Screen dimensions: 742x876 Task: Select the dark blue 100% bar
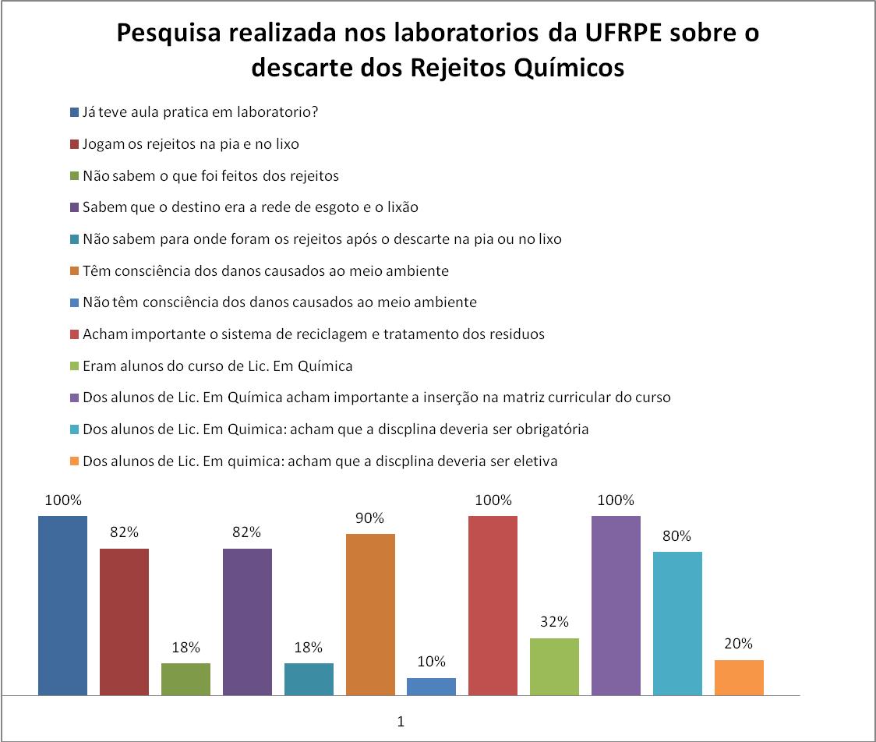62,605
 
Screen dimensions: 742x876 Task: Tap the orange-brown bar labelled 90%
370,614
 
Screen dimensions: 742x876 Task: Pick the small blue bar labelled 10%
431,686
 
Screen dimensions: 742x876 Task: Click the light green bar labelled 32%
554,666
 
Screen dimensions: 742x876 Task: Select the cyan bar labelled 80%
677,623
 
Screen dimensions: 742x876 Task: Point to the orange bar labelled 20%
739,677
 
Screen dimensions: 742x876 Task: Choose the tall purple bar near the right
616,605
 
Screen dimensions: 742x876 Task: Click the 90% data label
370,518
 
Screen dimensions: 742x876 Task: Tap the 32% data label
554,622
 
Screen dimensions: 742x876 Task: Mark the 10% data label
431,662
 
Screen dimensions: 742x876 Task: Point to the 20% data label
739,644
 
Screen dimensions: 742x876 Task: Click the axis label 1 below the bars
401,722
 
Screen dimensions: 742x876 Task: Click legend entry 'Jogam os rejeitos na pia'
190,144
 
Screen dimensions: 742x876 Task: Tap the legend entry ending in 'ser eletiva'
320,461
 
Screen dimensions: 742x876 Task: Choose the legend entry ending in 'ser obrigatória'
335,429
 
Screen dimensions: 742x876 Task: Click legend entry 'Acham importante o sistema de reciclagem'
313,334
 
